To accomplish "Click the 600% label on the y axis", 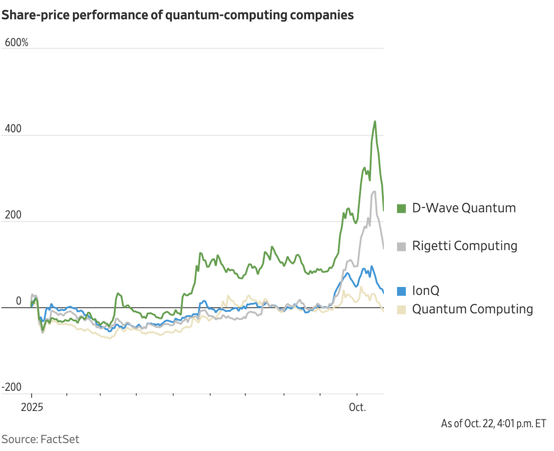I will (x=16, y=43).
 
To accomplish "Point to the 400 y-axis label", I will (x=13, y=129).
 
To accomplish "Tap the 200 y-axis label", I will (x=13, y=215).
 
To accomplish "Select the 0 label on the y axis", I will (x=19, y=301).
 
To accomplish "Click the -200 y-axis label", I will (x=12, y=387).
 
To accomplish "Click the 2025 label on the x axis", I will (x=32, y=407).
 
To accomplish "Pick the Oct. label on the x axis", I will (x=357, y=407).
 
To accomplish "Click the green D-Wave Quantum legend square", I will (x=401, y=209).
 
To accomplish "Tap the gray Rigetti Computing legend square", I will (x=401, y=247).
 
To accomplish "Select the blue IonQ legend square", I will (x=401, y=291).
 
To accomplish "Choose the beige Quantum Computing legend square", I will (x=401, y=310).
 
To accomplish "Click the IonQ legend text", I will (x=426, y=291).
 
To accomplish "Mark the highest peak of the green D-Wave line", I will (x=375, y=121).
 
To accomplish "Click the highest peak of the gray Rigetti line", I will (x=374, y=192).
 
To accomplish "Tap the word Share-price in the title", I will (x=36, y=15).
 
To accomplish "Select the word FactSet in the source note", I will (x=60, y=439).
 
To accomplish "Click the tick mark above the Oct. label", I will (x=357, y=395).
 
